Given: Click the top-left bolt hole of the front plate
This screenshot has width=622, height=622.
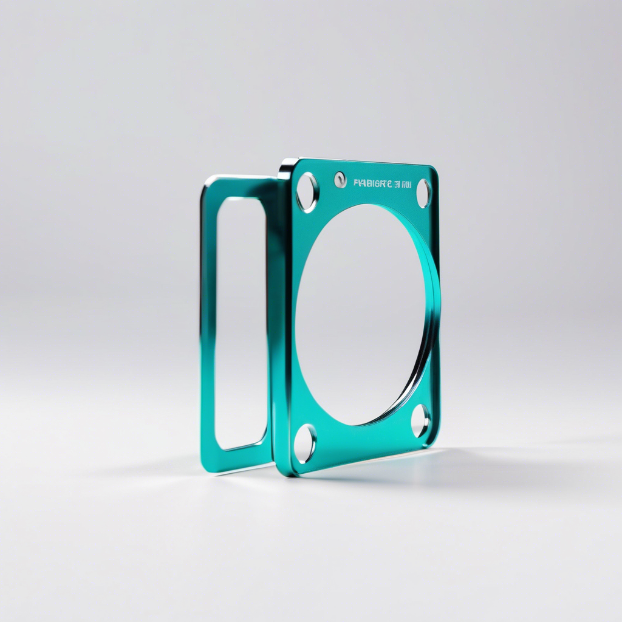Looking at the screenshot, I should (307, 192).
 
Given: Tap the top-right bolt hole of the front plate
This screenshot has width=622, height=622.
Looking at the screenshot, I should (423, 193).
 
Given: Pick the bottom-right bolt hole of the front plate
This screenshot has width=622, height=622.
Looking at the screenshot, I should (420, 420).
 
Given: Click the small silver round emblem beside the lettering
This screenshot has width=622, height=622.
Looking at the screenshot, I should (340, 179).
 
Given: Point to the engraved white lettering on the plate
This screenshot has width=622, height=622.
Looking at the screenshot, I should (383, 183).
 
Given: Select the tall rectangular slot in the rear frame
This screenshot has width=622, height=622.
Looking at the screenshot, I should (241, 322).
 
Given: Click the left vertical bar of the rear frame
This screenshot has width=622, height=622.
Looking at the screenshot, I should (208, 322).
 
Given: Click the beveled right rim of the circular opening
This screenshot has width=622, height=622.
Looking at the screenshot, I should (431, 316).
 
